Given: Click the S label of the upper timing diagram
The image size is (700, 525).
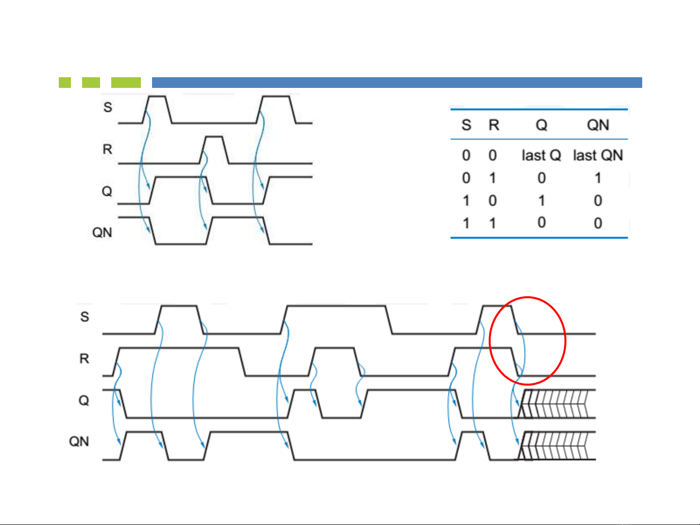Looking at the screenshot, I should click(x=108, y=107).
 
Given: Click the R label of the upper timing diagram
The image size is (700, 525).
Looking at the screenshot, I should click(x=107, y=149).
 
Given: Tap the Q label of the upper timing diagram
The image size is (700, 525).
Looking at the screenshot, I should click(x=107, y=191).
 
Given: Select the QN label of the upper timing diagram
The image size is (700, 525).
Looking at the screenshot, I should click(x=102, y=233).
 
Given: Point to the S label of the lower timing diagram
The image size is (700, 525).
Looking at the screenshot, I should click(x=85, y=317).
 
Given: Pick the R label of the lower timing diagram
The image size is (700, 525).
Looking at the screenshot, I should click(x=85, y=359).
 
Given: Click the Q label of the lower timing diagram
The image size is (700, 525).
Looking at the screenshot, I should click(x=84, y=401).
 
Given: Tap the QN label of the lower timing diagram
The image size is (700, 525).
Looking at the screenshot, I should click(x=79, y=441).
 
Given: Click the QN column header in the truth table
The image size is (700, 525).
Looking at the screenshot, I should click(x=598, y=125).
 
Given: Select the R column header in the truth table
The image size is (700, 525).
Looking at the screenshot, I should click(x=494, y=125).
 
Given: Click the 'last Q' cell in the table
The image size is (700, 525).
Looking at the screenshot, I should click(x=541, y=155).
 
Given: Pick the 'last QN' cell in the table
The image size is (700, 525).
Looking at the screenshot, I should click(x=598, y=155).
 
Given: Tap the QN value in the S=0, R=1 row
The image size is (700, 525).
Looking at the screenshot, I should click(x=598, y=178).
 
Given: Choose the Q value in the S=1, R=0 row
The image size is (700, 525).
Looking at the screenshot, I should click(x=541, y=201).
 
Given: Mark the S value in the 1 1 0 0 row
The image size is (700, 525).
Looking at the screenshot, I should click(x=466, y=223).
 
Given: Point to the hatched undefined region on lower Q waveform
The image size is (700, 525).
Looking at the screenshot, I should click(x=559, y=404).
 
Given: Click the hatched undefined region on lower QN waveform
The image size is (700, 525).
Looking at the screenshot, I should click(x=559, y=446).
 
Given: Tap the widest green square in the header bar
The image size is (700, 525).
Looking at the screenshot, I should click(x=126, y=83).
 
